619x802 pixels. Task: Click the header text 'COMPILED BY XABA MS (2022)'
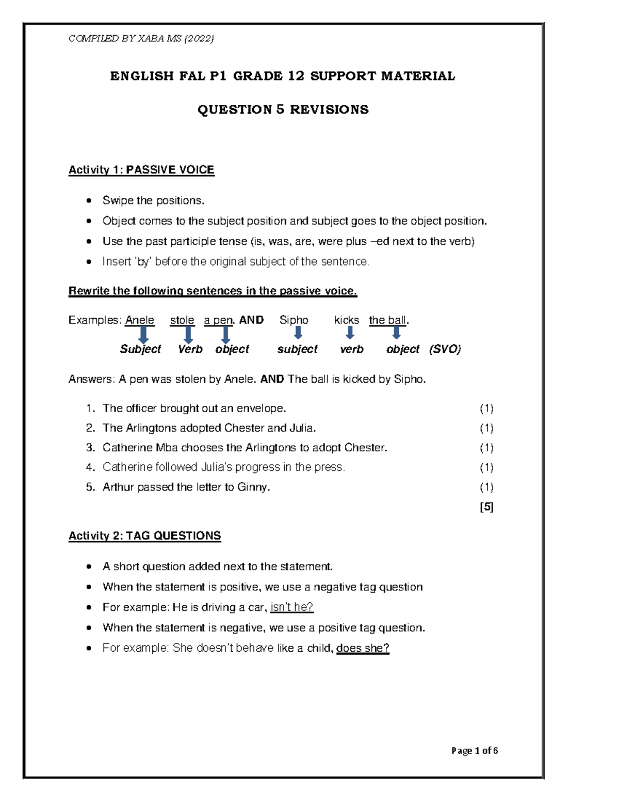click(x=141, y=38)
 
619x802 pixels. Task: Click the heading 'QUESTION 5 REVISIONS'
click(x=283, y=109)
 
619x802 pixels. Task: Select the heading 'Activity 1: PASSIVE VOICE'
click(x=141, y=170)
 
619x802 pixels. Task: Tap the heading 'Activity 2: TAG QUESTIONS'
click(x=144, y=536)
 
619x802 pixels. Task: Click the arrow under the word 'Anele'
click(x=143, y=335)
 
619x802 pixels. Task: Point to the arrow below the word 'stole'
click(x=189, y=335)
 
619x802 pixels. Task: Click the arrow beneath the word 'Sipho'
click(x=298, y=333)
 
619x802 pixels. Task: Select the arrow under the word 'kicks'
click(x=350, y=333)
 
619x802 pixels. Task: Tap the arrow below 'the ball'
click(x=396, y=333)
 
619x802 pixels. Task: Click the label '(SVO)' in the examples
click(x=445, y=349)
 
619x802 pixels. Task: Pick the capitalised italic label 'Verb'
click(x=190, y=349)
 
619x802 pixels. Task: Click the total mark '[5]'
click(x=486, y=507)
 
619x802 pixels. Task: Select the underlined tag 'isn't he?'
click(x=291, y=607)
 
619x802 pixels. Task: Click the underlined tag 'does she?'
click(x=363, y=648)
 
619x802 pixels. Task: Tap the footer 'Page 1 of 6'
click(x=474, y=750)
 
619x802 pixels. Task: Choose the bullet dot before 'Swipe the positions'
click(x=90, y=200)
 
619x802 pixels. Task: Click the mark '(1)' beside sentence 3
click(x=486, y=448)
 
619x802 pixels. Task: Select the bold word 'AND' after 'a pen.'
click(x=251, y=320)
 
